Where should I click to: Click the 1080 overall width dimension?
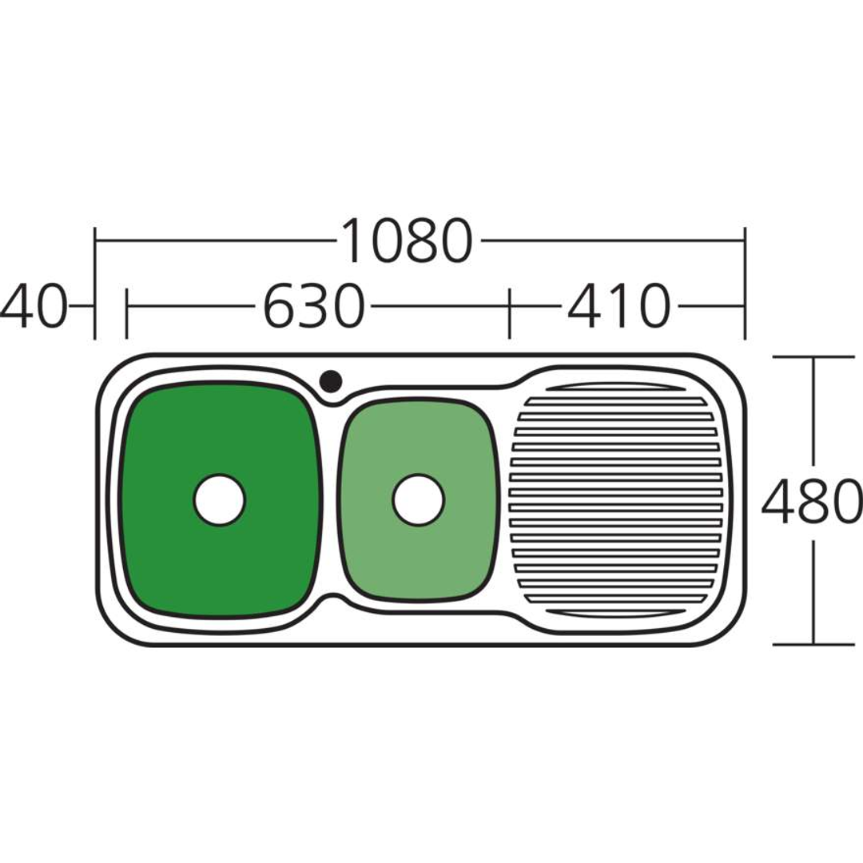tap(407, 241)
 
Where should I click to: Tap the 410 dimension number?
tap(618, 306)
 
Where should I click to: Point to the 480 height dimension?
tap(812, 500)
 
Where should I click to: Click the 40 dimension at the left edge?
tap(32, 306)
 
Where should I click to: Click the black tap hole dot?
tap(331, 380)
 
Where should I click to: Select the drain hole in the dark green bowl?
tap(220, 499)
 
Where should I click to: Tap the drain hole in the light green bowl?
tap(418, 499)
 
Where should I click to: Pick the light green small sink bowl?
tap(418, 499)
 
